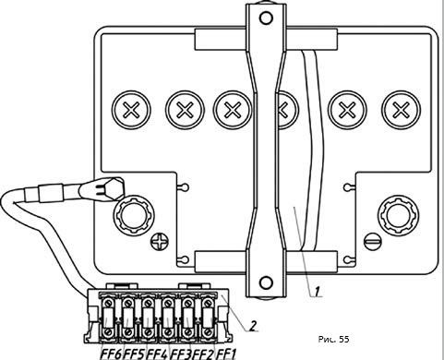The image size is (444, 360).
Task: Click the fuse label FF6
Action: click(112, 354)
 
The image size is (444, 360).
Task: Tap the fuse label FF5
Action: click(134, 354)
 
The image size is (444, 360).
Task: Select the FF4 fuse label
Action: click(157, 354)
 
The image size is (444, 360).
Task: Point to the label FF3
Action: click(181, 354)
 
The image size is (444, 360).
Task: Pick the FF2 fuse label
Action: click(203, 354)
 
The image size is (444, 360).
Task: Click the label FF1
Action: click(225, 354)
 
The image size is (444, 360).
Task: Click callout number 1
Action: click(317, 291)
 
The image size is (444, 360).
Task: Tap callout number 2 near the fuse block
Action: click(252, 326)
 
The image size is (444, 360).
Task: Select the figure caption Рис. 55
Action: click(334, 339)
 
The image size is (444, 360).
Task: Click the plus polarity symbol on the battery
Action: click(160, 241)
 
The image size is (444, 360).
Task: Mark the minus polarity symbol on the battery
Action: click(372, 241)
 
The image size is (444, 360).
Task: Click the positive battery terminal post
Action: click(133, 216)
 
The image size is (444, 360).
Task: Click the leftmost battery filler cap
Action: click(131, 110)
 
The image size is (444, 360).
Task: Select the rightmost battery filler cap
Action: click(401, 110)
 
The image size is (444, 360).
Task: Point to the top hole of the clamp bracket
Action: click(266, 18)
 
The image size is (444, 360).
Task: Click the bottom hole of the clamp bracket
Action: click(266, 282)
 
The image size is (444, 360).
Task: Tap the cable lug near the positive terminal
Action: click(103, 187)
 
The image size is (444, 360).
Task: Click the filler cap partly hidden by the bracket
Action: click(287, 110)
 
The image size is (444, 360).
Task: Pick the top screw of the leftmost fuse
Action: click(109, 304)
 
